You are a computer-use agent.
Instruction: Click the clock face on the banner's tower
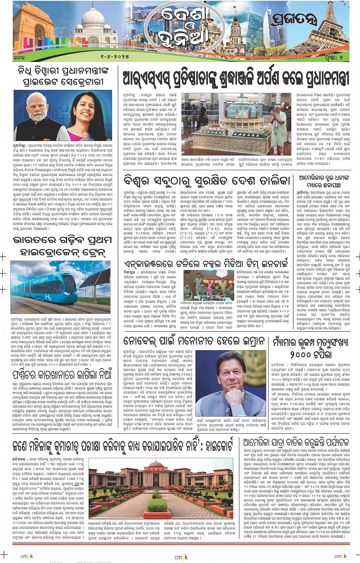235,30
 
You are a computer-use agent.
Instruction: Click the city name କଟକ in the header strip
19,57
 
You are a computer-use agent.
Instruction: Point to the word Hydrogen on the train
40,279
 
